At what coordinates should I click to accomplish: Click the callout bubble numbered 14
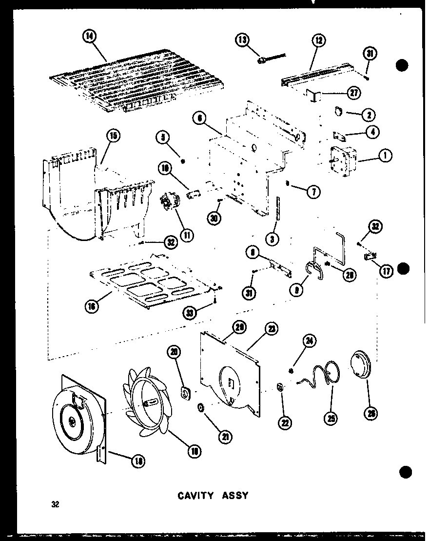(x=90, y=37)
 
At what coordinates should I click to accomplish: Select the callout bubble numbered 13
(x=242, y=40)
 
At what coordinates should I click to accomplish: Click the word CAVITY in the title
(x=195, y=496)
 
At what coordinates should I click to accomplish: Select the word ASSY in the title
(x=235, y=496)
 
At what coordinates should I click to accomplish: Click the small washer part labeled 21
(x=200, y=407)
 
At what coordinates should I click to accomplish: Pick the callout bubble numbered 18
(x=138, y=460)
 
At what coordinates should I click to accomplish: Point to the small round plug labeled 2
(x=338, y=112)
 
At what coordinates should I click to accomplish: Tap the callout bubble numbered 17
(x=387, y=271)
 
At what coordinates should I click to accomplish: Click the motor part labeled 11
(x=169, y=200)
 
